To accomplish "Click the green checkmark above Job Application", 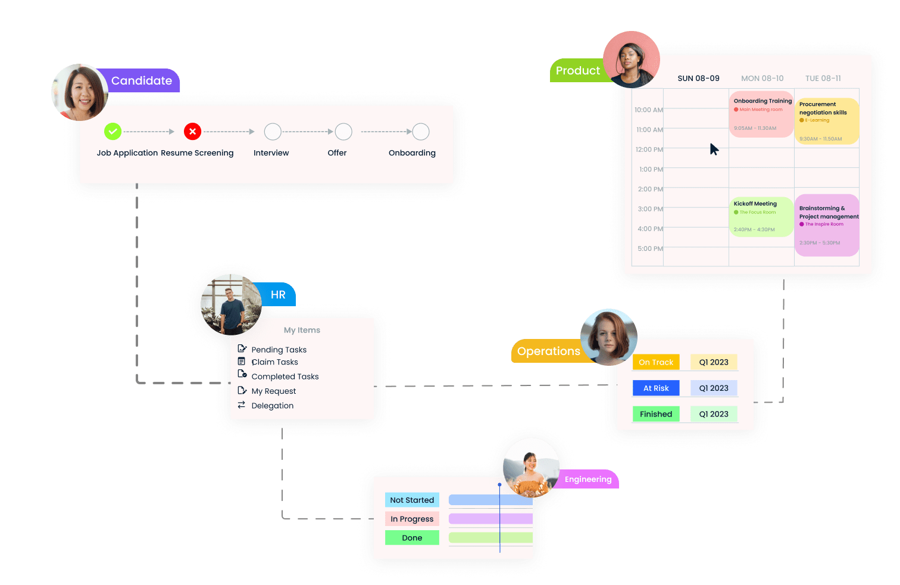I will (112, 131).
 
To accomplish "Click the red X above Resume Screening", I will (192, 131).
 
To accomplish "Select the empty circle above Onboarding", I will (421, 132).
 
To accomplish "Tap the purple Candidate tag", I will (142, 80).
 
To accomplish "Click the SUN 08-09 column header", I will (698, 79).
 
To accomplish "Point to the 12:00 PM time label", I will (649, 150).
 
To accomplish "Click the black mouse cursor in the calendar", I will (714, 149).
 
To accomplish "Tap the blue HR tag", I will (278, 295).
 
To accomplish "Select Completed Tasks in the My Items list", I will (285, 376).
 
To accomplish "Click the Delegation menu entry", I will (272, 406).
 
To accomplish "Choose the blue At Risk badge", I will (656, 388).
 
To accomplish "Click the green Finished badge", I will (656, 414).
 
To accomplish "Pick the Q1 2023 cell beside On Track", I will (714, 362).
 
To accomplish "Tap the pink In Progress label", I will (412, 519).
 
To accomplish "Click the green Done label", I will (412, 538).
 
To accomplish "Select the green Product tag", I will (577, 71).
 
